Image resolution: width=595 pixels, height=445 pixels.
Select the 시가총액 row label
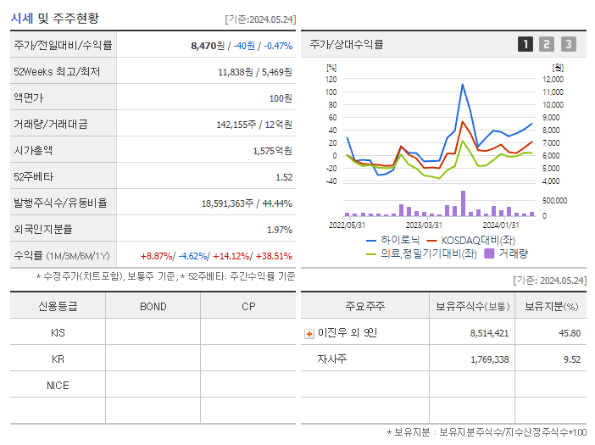[x=33, y=151]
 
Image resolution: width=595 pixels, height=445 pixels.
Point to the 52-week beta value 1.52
[x=283, y=177]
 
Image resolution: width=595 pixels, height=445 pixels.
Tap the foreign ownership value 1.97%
[x=279, y=230]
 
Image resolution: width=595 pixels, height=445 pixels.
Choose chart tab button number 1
[x=525, y=44]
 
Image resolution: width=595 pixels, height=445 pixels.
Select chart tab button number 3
[x=568, y=44]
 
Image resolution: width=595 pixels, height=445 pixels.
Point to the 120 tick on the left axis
[x=331, y=79]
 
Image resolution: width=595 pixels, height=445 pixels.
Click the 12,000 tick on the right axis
[x=552, y=79]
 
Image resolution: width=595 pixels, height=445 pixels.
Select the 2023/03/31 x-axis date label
[x=424, y=225]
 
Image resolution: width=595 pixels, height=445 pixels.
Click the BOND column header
[x=153, y=306]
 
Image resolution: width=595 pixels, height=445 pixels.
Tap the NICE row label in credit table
[x=58, y=385]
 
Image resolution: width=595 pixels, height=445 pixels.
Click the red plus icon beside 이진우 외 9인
[x=309, y=333]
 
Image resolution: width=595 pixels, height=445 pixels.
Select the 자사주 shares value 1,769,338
[x=489, y=359]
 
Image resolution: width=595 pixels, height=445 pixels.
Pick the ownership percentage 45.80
[x=570, y=333]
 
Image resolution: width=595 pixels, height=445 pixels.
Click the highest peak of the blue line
[x=462, y=84]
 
